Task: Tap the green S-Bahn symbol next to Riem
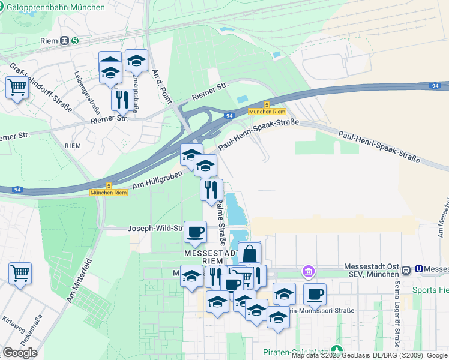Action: pyautogui.click(x=74, y=41)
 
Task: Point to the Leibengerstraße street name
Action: pyautogui.click(x=86, y=93)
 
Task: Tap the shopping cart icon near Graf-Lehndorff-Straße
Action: pyautogui.click(x=17, y=88)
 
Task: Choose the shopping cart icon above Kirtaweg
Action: pyautogui.click(x=20, y=274)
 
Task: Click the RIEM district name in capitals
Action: pyautogui.click(x=73, y=146)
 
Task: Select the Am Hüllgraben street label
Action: pyautogui.click(x=154, y=178)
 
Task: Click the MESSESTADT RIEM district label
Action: pyautogui.click(x=208, y=257)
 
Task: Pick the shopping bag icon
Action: pyautogui.click(x=249, y=254)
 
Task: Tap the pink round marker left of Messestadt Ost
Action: pyautogui.click(x=309, y=272)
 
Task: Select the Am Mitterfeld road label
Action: pyautogui.click(x=79, y=279)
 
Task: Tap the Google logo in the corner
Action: pyautogui.click(x=20, y=353)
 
